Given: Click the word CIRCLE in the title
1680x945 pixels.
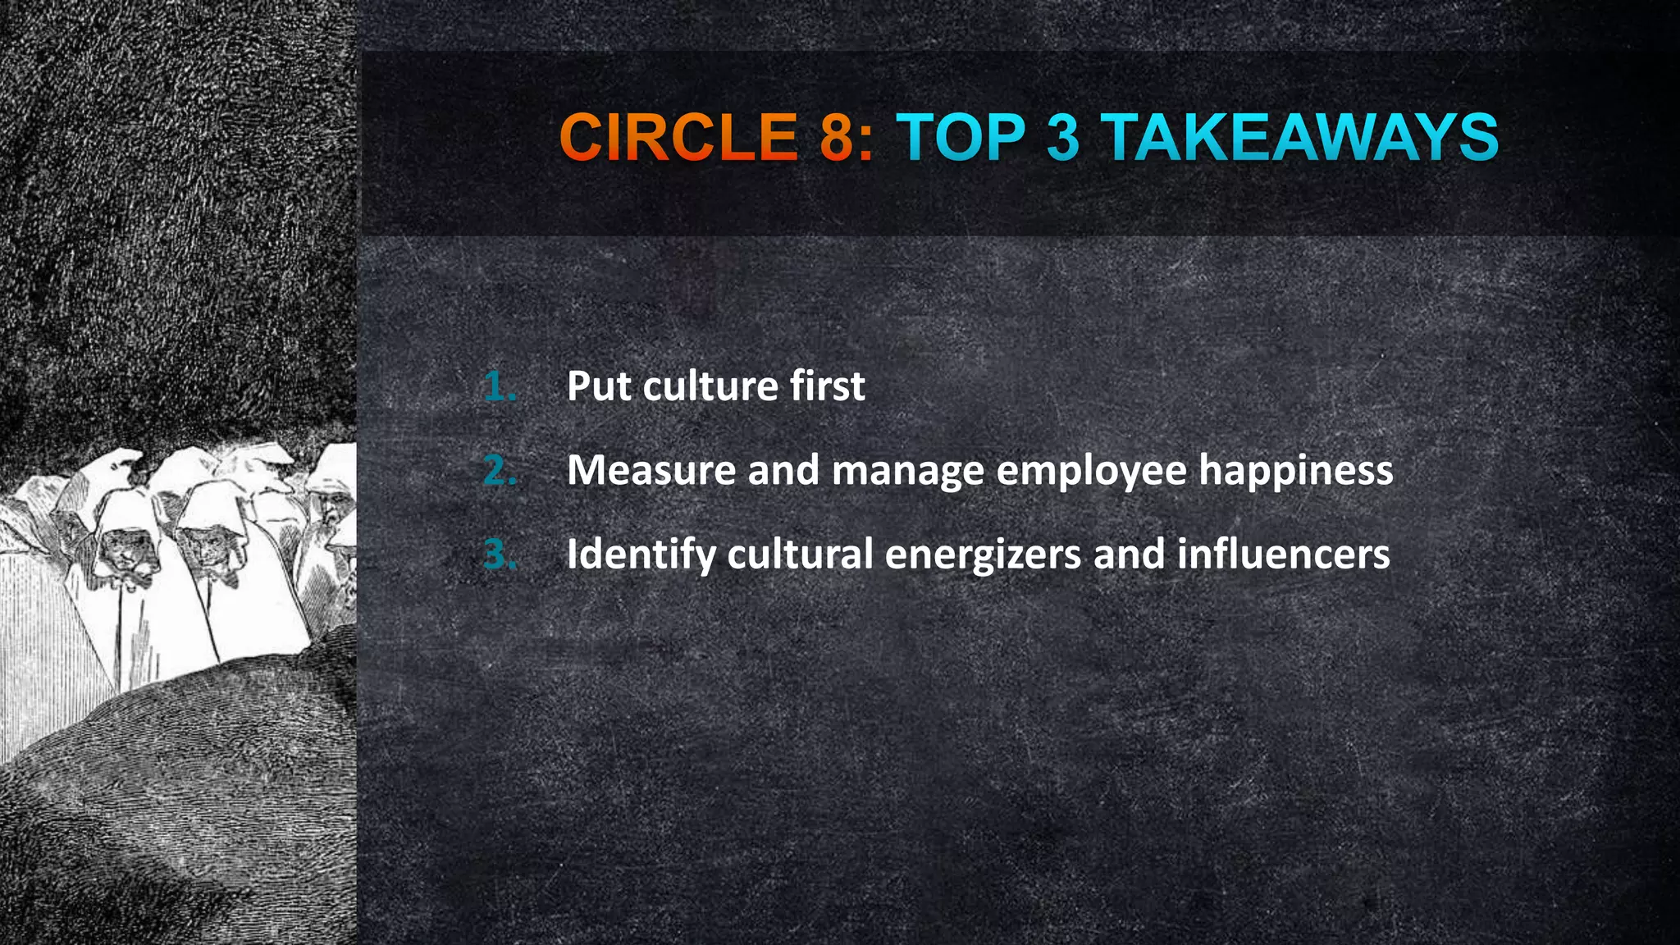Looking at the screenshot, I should pos(678,137).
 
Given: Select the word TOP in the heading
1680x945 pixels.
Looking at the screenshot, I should pos(961,137).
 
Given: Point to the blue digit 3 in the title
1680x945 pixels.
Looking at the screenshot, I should pos(1063,137).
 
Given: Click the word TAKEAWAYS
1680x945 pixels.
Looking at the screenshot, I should pos(1300,137).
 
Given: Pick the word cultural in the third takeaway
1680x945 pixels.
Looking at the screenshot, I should pos(800,555).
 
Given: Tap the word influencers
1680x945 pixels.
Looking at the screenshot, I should pos(1284,555).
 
